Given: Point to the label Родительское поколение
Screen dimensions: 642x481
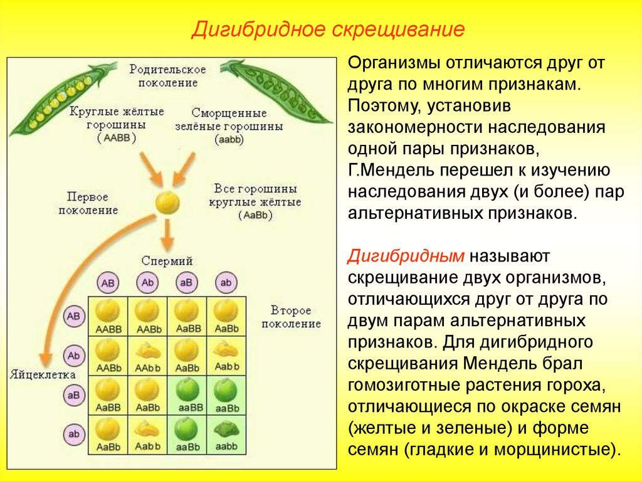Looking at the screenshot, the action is click(x=167, y=75).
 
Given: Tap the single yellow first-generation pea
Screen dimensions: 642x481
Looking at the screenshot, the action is click(x=167, y=203).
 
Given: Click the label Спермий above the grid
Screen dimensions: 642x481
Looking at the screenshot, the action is click(x=167, y=261).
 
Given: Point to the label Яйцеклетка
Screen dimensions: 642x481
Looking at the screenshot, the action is click(x=43, y=374).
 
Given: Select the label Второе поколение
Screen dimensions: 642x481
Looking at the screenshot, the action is click(x=291, y=317).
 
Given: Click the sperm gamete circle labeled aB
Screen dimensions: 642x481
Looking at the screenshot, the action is click(x=186, y=283).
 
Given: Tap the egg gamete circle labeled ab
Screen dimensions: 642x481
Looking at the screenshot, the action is click(x=74, y=434).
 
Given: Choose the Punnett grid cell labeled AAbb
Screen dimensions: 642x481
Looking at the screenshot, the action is click(x=147, y=356).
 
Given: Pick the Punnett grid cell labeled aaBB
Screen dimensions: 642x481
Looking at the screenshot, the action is click(x=187, y=395).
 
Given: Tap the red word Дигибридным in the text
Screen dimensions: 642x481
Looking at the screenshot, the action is click(x=407, y=256).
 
